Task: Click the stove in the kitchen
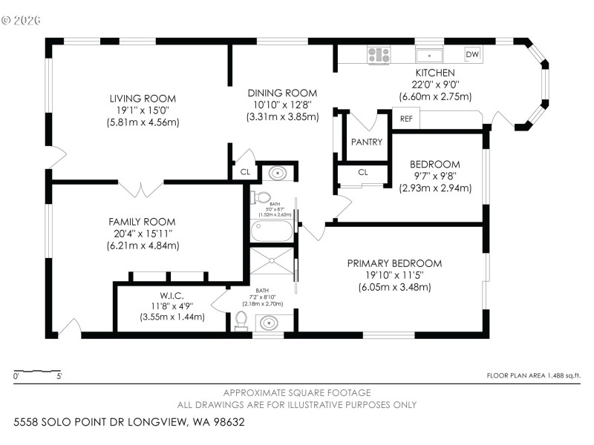pos(379,54)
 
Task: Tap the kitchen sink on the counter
pos(429,55)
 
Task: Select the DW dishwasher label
pos(471,54)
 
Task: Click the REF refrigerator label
pos(406,119)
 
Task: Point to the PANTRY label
pos(366,142)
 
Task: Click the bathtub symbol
pos(272,231)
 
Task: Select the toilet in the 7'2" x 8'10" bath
pos(241,320)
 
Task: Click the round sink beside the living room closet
pos(276,173)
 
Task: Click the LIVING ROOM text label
pos(143,99)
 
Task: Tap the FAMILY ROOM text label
pos(142,222)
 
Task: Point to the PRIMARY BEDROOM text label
pos(394,263)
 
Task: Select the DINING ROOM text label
pos(282,93)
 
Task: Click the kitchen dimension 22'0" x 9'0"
pos(434,85)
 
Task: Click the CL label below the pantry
pos(363,172)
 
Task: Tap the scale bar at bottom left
pos(37,371)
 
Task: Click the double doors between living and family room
pos(141,188)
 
